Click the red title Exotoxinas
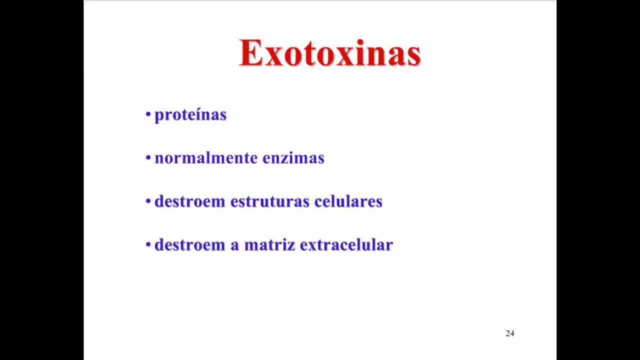click(x=330, y=53)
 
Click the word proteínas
click(x=190, y=115)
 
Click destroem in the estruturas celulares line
click(x=189, y=201)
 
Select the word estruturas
click(x=269, y=201)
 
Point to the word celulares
click(x=348, y=201)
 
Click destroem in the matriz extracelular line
click(x=189, y=244)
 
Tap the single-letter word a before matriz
click(x=234, y=245)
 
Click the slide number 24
click(x=509, y=333)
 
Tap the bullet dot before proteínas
click(x=148, y=114)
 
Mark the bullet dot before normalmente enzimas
click(x=148, y=158)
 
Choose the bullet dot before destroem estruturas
click(x=148, y=201)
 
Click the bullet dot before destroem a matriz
click(x=148, y=244)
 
